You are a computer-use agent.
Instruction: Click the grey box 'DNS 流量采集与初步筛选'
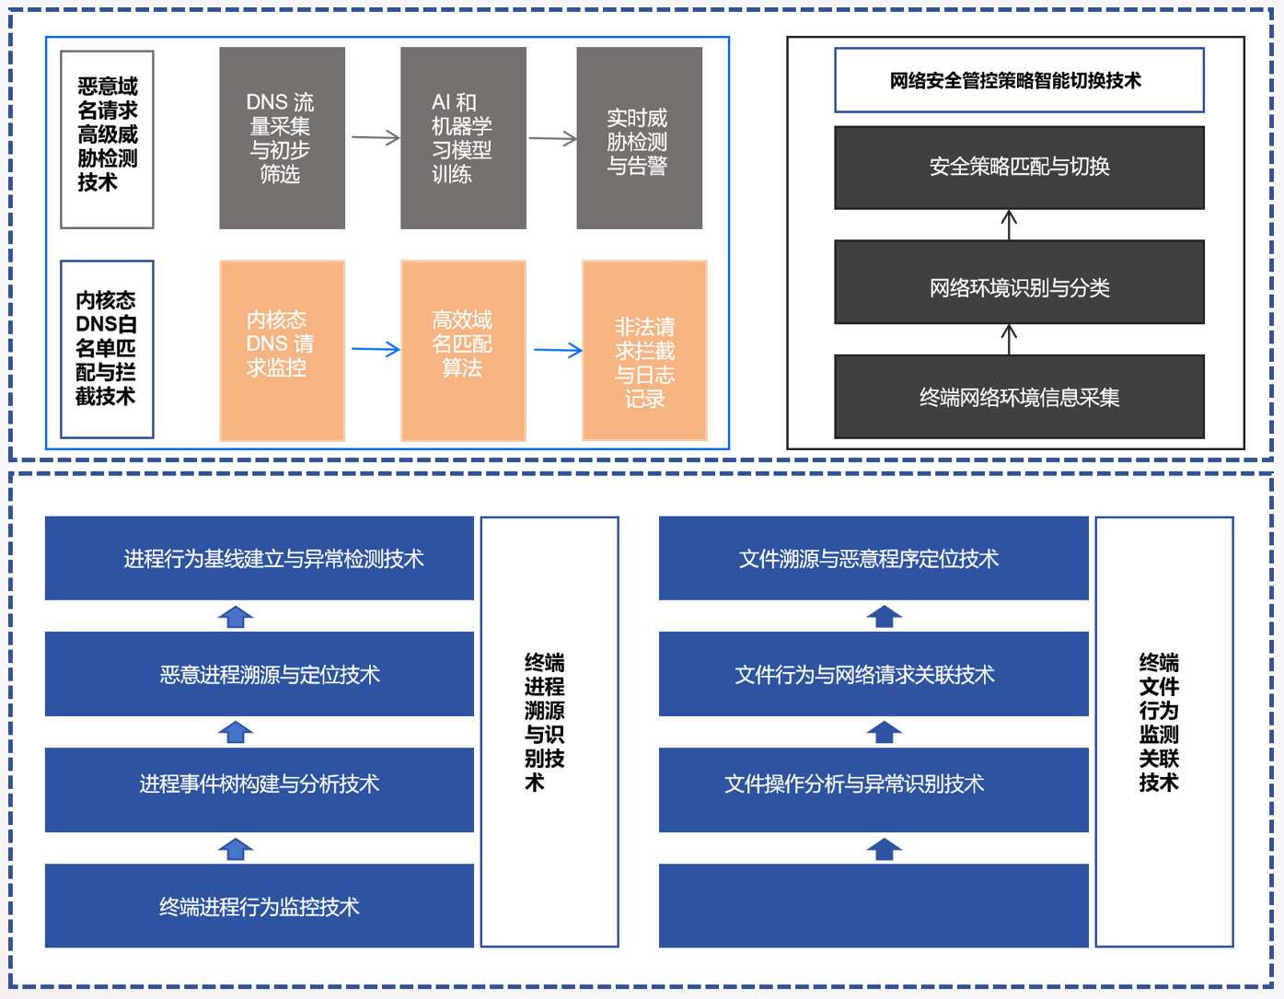[x=282, y=138]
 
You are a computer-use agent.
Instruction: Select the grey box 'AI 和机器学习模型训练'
[x=463, y=138]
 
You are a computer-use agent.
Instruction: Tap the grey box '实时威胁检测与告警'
[x=639, y=138]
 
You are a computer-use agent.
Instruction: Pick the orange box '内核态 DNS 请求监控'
[x=282, y=350]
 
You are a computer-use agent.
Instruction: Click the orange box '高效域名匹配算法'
[x=463, y=350]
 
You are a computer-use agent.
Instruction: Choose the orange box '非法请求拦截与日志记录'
[x=644, y=350]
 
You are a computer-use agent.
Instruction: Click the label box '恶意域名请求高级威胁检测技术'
[x=107, y=138]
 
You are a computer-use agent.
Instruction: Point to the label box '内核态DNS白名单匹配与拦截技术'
[x=107, y=349]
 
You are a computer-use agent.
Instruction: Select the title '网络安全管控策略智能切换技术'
[x=1019, y=80]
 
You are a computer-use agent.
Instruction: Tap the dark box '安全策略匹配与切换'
[x=1019, y=168]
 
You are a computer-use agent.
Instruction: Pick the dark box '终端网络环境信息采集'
[x=1019, y=396]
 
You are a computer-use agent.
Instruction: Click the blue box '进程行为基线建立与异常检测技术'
[x=260, y=558]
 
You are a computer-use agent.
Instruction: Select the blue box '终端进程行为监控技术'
[x=260, y=906]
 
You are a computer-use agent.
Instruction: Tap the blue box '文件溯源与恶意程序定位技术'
[x=873, y=558]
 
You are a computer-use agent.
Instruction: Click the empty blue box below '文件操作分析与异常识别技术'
[x=873, y=906]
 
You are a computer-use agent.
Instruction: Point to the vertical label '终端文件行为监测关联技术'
[x=1163, y=731]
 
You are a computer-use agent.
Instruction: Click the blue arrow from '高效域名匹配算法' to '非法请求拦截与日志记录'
[x=558, y=350]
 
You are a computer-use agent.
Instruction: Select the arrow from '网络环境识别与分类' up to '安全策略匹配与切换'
[x=1009, y=225]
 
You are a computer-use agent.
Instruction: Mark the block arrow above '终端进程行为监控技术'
[x=236, y=849]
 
